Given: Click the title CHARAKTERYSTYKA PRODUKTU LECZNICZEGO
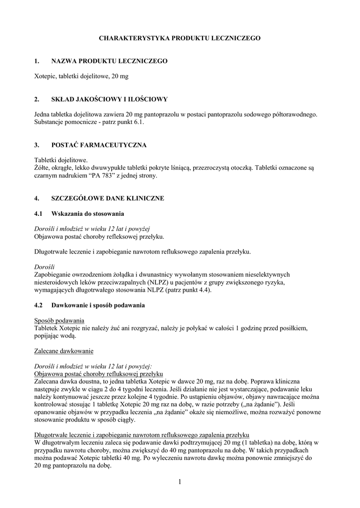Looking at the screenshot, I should pyautogui.click(x=180, y=38).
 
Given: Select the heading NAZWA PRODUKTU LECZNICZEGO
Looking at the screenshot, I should pyautogui.click(x=109, y=61).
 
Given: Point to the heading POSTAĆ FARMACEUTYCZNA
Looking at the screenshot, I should pyautogui.click(x=99, y=145).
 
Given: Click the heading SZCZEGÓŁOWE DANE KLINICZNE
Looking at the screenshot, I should pyautogui.click(x=108, y=198).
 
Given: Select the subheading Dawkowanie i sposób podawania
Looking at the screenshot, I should pyautogui.click(x=98, y=306).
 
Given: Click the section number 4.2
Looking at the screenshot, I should pyautogui.click(x=39, y=306).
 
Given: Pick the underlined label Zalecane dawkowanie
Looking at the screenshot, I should pyautogui.click(x=64, y=351).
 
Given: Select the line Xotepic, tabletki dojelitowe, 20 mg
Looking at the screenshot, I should pyautogui.click(x=81, y=76).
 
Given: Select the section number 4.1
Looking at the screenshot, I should pyautogui.click(x=39, y=214).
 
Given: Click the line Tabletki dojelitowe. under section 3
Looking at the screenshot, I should pyautogui.click(x=61, y=160).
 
